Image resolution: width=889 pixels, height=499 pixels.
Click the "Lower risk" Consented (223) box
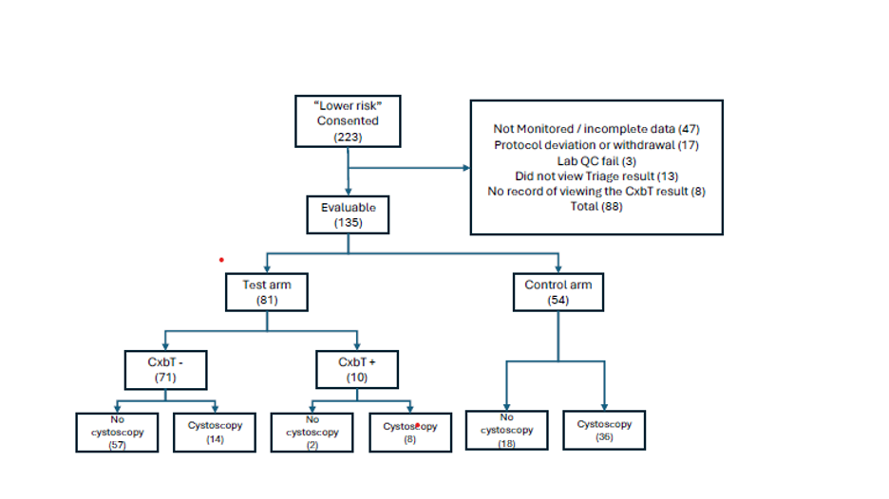348,121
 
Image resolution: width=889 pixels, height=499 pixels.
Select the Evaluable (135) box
349,214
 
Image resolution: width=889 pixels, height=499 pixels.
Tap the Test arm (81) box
267,292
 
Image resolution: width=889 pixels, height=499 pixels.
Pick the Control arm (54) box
558,292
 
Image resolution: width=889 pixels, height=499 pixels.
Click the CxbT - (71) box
165,370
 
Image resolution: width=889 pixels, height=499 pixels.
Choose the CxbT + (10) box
357,369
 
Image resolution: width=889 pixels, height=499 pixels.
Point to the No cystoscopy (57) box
117,433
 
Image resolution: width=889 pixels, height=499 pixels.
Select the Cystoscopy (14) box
215,433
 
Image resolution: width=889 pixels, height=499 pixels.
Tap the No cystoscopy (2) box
312,433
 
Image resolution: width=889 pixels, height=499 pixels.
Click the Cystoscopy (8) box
410,433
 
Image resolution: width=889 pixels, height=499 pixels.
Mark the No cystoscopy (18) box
507,430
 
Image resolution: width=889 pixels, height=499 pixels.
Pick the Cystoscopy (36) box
604,430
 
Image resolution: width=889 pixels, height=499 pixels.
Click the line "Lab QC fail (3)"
596,161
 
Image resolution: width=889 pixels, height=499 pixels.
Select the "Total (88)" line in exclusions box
596,206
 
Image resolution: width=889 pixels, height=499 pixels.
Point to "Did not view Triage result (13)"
596,176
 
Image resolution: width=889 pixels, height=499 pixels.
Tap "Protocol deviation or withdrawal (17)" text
596,145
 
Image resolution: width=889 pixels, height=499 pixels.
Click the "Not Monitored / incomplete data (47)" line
596,129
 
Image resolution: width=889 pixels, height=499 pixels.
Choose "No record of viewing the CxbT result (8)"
596,192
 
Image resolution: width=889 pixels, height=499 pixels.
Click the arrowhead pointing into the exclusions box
466,168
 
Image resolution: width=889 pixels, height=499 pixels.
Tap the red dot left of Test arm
221,260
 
